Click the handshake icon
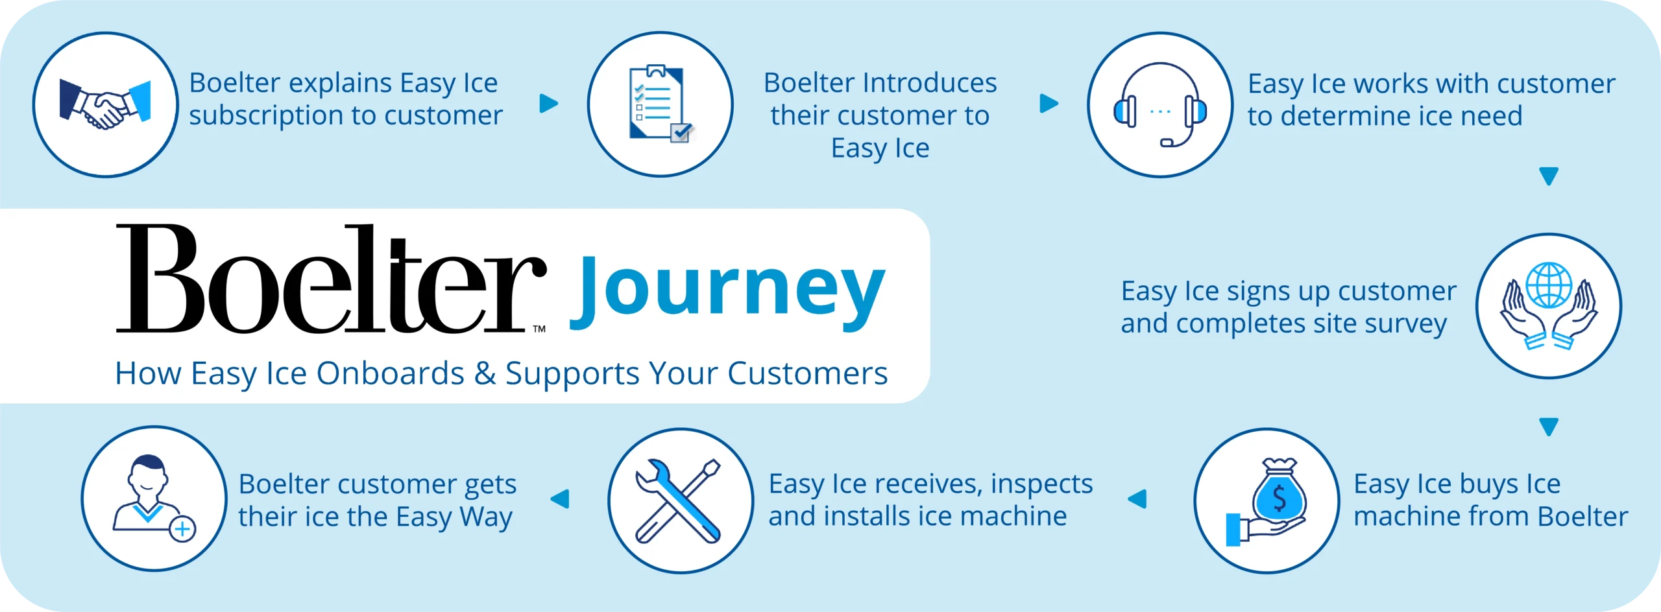[x=105, y=104]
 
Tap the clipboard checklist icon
[x=661, y=104]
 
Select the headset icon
[x=1160, y=104]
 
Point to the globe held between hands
[x=1549, y=285]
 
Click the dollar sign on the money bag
[x=1279, y=498]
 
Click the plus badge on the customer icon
[x=183, y=529]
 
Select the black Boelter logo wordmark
[x=331, y=279]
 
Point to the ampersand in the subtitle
[x=485, y=373]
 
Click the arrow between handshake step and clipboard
[x=549, y=103]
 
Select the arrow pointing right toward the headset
[x=1049, y=103]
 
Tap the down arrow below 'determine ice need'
[x=1549, y=176]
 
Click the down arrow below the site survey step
[x=1549, y=427]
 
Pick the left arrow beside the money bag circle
[x=1137, y=499]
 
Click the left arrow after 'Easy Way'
[x=559, y=499]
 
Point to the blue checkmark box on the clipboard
[x=681, y=132]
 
